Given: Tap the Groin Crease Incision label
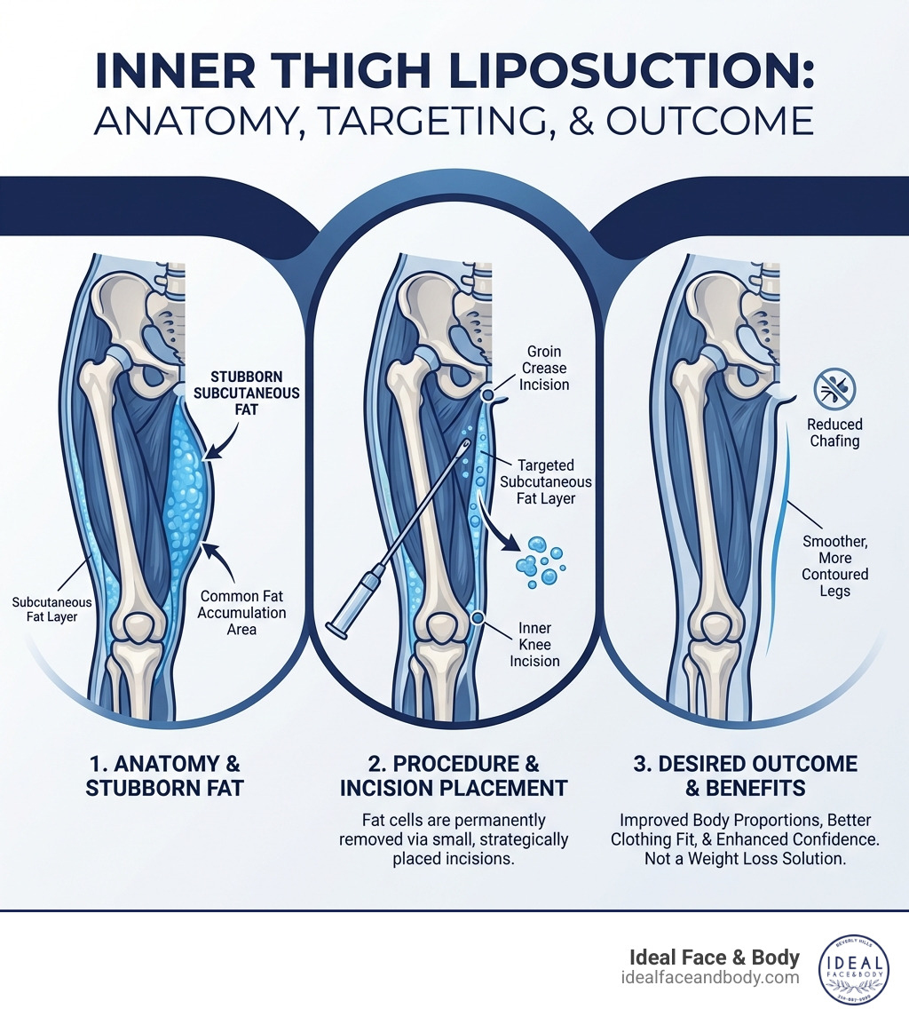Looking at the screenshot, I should click(543, 369).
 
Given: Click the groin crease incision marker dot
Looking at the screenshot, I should click(487, 393).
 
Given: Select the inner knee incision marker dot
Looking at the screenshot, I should click(478, 617).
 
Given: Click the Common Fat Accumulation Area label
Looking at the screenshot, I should click(242, 613).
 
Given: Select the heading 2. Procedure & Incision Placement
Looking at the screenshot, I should click(454, 775).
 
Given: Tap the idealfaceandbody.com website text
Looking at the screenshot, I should click(710, 977).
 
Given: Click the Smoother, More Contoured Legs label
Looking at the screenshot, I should click(835, 566).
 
